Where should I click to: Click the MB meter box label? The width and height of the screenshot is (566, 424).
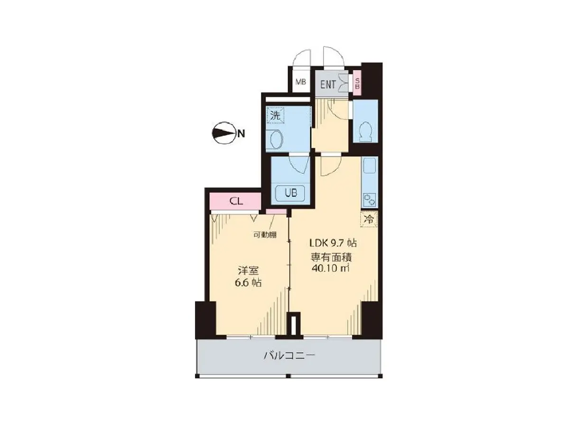tap(301, 82)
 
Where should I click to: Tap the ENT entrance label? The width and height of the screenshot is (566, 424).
tap(328, 85)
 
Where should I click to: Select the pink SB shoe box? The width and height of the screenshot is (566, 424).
tap(357, 84)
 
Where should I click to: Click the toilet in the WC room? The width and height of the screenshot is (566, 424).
tap(365, 132)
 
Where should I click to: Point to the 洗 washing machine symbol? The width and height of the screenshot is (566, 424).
tap(276, 116)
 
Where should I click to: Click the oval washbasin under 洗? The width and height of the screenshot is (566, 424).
tap(277, 139)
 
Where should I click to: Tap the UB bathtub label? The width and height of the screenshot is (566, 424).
tap(290, 193)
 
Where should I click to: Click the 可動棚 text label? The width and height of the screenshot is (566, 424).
tap(265, 234)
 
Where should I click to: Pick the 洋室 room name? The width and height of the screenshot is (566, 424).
tap(248, 271)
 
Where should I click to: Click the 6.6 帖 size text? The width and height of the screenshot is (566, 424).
tap(248, 282)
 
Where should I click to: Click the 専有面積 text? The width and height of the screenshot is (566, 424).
tap(331, 257)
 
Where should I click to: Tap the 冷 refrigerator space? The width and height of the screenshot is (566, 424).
tap(369, 219)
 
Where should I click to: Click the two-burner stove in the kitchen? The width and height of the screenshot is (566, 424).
tap(370, 199)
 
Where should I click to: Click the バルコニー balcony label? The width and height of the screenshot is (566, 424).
tap(289, 355)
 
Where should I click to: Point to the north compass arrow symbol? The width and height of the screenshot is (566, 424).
tap(223, 134)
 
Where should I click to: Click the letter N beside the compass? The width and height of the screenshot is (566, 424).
tap(241, 134)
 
